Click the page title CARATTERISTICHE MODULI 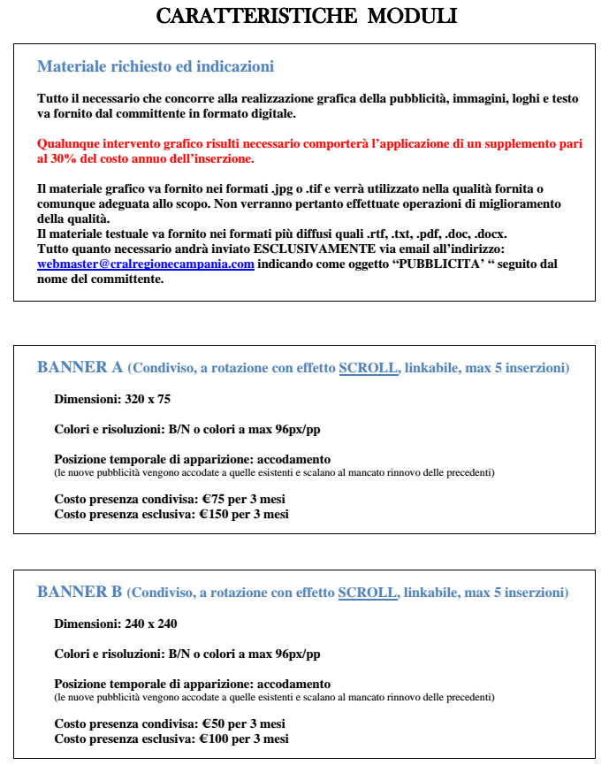coord(306,17)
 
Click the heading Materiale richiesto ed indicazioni coord(156,66)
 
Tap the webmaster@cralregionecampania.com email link coord(146,264)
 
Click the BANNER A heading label coord(79,367)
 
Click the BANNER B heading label coord(79,592)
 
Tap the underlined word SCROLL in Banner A coord(368,368)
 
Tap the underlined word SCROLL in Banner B coord(368,593)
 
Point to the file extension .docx coord(491,233)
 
